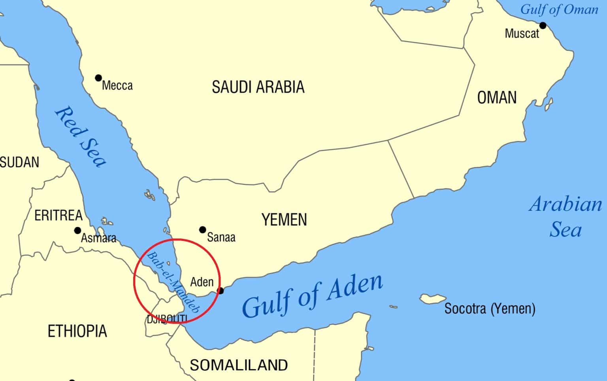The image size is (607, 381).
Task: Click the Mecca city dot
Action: pos(98,78)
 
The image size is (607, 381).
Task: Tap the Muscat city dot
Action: pos(543,26)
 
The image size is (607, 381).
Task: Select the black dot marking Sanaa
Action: pos(203,230)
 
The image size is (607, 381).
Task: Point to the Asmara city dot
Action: pos(78,231)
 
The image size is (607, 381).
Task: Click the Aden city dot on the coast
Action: pos(221,291)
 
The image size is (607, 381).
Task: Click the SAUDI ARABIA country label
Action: pos(258,87)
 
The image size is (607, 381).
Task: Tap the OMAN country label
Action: pos(497,98)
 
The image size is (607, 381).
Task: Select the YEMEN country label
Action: pos(284,220)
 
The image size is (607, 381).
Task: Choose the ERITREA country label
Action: pos(58,216)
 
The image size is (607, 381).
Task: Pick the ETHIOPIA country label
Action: pos(77,331)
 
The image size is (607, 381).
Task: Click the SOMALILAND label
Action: pos(239,365)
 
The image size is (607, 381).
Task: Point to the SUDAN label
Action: pos(20,162)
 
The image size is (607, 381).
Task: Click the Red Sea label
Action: pos(81,137)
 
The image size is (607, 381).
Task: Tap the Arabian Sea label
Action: pos(566,217)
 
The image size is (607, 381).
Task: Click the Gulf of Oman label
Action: pos(559,9)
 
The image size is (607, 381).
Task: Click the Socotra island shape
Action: pos(433,298)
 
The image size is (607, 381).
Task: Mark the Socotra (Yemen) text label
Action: pos(490,308)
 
